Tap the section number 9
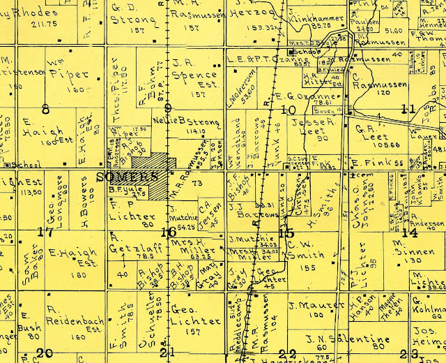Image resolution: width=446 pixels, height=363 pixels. coord(167,108)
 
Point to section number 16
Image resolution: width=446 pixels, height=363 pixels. coord(168,232)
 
